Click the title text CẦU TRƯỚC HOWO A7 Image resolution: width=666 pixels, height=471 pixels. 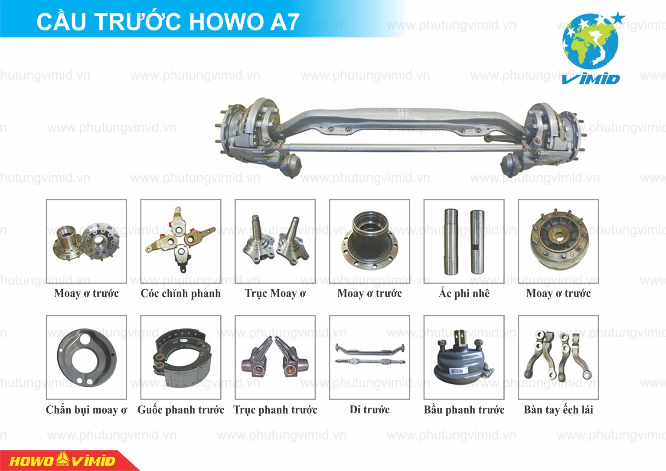pos(168,22)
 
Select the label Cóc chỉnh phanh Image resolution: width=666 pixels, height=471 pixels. pos(181,294)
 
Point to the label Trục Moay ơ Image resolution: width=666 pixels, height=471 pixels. pos(275,294)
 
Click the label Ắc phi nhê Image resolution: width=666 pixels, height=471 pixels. pos(464,293)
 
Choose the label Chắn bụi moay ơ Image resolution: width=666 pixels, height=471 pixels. pos(87,410)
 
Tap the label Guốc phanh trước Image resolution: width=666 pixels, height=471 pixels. pos(181,410)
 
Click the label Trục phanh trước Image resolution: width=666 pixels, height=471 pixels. pos(275,410)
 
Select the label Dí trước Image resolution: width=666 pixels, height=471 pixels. pos(369,409)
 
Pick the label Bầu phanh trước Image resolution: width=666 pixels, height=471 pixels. pos(464,409)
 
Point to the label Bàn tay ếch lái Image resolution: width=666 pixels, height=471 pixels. pos(558,409)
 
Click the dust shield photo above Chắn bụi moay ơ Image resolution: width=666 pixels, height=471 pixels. pos(86,358)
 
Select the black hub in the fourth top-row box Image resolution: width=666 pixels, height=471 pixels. pos(369,241)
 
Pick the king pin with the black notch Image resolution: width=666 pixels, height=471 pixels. pos(477,242)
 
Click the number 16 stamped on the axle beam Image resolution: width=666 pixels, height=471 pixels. pos(403,112)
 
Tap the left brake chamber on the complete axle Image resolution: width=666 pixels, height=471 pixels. pos(290,165)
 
